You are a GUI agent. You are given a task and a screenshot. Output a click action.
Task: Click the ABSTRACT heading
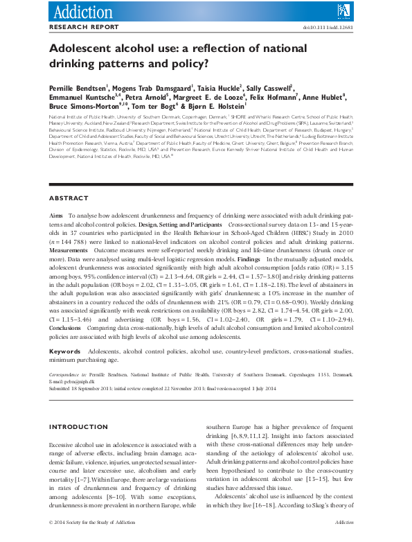[x=69, y=198]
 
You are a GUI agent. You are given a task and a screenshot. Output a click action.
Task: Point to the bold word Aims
[x=57, y=216]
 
